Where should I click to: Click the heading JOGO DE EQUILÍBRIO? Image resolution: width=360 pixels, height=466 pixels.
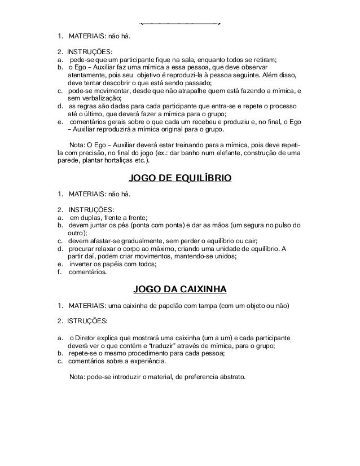[x=180, y=179]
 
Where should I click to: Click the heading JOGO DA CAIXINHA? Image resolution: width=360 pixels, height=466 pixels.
[x=179, y=290]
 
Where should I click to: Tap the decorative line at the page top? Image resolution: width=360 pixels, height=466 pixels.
[x=179, y=24]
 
